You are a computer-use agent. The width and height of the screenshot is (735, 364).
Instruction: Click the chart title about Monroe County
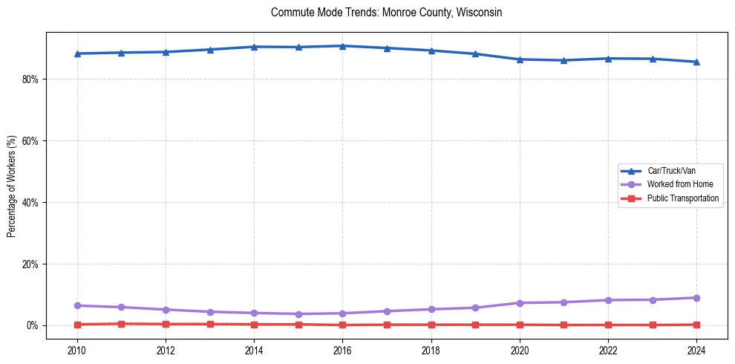pyautogui.click(x=387, y=13)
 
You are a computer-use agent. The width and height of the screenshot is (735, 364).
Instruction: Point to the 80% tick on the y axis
pyautogui.click(x=30, y=79)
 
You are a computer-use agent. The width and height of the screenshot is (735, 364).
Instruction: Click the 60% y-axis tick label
pyautogui.click(x=30, y=141)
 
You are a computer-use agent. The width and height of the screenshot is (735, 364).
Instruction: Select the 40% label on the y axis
pyautogui.click(x=30, y=203)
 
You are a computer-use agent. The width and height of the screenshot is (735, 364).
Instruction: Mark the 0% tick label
pyautogui.click(x=33, y=326)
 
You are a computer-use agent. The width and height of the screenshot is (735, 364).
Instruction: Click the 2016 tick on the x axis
pyautogui.click(x=342, y=351)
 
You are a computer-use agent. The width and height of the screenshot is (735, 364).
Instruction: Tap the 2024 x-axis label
pyautogui.click(x=696, y=351)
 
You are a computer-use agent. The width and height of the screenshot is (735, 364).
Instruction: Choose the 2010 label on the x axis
pyautogui.click(x=77, y=351)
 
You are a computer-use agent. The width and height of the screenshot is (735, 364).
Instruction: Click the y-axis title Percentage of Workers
pyautogui.click(x=11, y=186)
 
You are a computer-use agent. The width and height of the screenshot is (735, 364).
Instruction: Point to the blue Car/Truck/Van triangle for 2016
pyautogui.click(x=342, y=46)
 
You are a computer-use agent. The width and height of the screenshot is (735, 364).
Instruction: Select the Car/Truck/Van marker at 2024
pyautogui.click(x=696, y=62)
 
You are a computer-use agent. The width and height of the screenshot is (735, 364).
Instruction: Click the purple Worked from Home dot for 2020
pyautogui.click(x=520, y=303)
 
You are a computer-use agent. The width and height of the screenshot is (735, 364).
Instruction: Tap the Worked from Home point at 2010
pyautogui.click(x=77, y=305)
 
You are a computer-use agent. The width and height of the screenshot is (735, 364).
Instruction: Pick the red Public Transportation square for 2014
pyautogui.click(x=254, y=325)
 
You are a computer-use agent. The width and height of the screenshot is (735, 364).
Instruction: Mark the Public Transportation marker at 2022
pyautogui.click(x=608, y=325)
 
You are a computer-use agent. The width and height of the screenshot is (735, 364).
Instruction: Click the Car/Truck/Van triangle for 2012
pyautogui.click(x=166, y=52)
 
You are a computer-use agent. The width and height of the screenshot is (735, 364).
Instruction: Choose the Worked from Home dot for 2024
pyautogui.click(x=696, y=298)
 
